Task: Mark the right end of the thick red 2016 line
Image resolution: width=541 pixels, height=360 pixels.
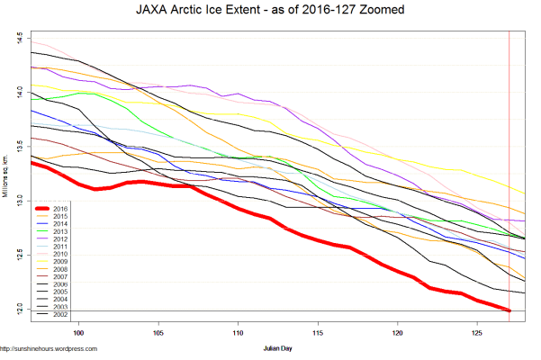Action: point(510,310)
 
